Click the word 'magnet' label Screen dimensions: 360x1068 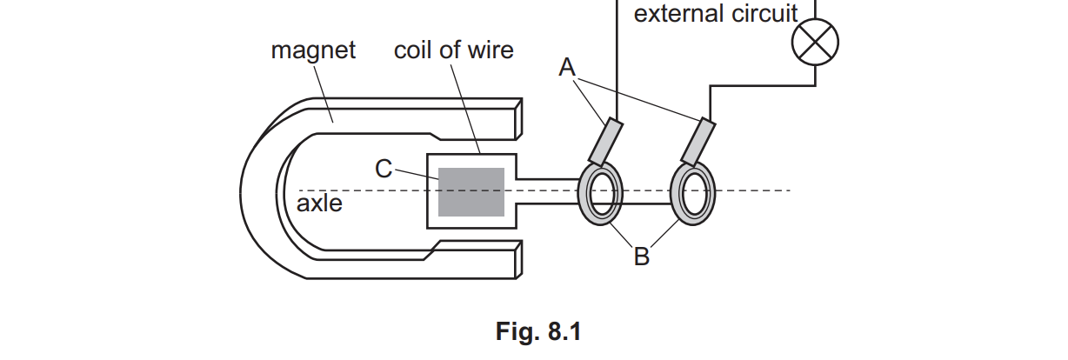click(x=313, y=50)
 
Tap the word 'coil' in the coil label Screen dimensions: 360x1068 click(x=414, y=50)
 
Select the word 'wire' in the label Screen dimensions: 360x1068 click(x=488, y=50)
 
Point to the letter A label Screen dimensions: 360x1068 click(x=568, y=68)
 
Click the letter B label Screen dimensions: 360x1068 click(x=641, y=257)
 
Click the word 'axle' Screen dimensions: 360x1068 click(x=319, y=204)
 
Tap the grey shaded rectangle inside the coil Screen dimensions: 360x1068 click(x=471, y=192)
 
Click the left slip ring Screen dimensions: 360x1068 click(x=600, y=192)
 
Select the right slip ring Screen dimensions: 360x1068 click(x=693, y=192)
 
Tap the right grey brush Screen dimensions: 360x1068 click(x=698, y=142)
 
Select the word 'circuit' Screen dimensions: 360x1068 click(x=764, y=14)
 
